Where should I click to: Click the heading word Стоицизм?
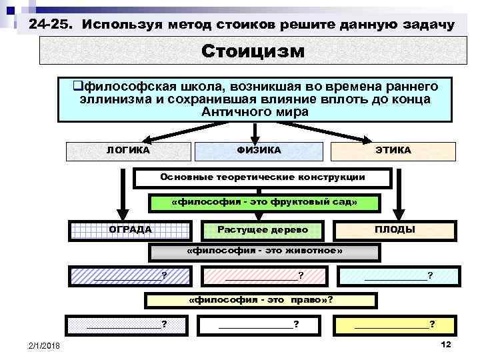coord(252,51)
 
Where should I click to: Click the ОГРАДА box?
coord(131,230)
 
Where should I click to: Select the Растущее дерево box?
coord(263,230)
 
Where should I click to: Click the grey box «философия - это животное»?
coord(264,252)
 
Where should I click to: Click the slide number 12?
coord(446,343)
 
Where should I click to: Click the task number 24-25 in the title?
coord(53,25)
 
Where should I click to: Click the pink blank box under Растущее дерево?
coord(264,275)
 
